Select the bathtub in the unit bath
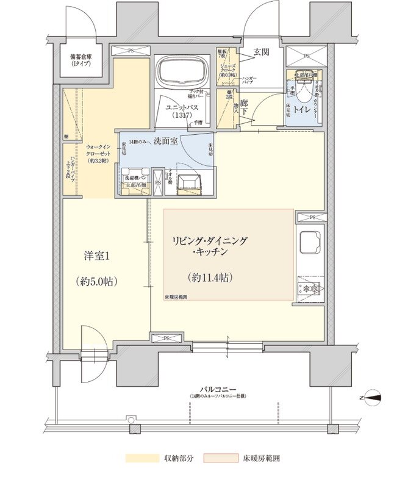pyautogui.click(x=181, y=74)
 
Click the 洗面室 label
pyautogui.click(x=165, y=141)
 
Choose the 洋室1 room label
pyautogui.click(x=96, y=257)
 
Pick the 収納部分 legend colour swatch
pyautogui.click(x=141, y=457)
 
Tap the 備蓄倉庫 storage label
pyautogui.click(x=81, y=59)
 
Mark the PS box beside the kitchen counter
pyautogui.click(x=312, y=217)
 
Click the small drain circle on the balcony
pyautogui.click(x=130, y=419)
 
